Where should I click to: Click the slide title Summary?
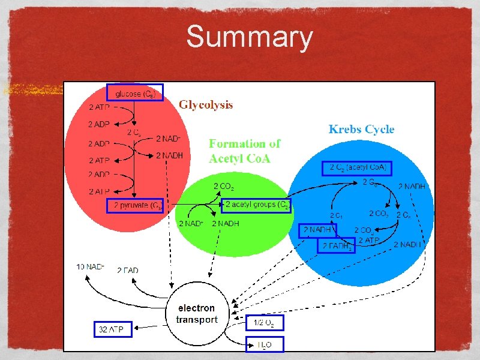249,37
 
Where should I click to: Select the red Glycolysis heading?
206,105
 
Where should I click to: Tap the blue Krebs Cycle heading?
361,129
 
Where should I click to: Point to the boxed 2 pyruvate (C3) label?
135,206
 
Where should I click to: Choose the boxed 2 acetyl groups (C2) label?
256,206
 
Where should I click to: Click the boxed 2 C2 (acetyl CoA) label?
357,167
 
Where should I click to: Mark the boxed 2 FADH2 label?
336,245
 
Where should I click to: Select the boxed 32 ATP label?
113,329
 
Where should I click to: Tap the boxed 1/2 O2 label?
265,323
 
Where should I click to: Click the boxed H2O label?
265,344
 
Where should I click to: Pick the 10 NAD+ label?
91,266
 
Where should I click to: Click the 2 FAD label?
127,271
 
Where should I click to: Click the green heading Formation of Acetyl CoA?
244,151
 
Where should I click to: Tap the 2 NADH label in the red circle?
169,155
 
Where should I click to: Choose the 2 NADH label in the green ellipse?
226,224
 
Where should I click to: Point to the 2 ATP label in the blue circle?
368,241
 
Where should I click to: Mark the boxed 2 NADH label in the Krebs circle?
318,230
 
